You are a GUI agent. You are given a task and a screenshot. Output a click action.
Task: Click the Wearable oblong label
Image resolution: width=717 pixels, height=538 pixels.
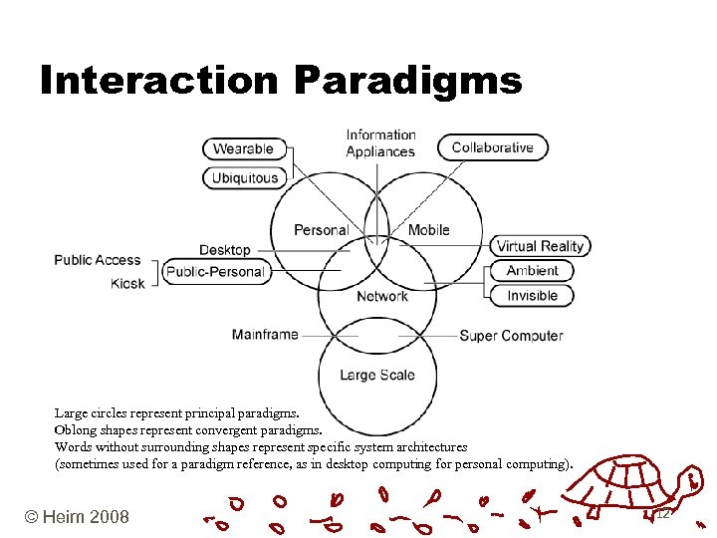[x=244, y=148]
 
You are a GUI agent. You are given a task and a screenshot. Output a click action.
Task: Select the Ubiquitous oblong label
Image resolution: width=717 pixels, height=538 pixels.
[x=244, y=178]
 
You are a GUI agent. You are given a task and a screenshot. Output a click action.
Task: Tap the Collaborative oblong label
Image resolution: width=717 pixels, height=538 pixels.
[x=493, y=147]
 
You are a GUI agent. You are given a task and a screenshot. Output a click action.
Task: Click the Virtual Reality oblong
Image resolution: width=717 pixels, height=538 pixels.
[x=541, y=246]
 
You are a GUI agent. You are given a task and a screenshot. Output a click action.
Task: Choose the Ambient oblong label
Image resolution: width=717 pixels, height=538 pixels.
[x=532, y=271]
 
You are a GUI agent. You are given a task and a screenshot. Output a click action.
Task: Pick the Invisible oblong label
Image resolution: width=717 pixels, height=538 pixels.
[x=532, y=295]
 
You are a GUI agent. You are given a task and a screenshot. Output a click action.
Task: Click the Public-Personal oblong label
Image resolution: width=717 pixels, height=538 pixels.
[x=216, y=272]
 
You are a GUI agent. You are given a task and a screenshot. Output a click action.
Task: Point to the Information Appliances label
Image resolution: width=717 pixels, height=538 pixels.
[x=380, y=143]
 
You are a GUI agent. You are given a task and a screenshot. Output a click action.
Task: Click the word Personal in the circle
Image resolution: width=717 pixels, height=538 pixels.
[x=321, y=230]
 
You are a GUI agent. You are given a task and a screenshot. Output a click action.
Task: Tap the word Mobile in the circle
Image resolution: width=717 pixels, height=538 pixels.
[x=429, y=230]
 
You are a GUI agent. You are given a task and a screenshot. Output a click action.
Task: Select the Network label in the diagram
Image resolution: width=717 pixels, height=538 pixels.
[x=382, y=296]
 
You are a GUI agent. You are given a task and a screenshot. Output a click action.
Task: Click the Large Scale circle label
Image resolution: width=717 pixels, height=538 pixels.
[x=377, y=376]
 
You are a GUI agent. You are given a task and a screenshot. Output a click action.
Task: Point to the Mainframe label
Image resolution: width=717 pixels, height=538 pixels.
[x=265, y=335]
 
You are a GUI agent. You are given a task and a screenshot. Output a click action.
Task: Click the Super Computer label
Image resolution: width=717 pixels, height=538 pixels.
[x=511, y=336]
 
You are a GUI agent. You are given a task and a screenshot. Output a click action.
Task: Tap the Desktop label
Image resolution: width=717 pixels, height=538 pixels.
[x=225, y=250]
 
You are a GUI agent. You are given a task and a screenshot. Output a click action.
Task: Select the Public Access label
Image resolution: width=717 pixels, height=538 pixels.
[x=98, y=260]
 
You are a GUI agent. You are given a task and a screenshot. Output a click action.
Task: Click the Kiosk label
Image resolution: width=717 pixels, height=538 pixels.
[x=127, y=283]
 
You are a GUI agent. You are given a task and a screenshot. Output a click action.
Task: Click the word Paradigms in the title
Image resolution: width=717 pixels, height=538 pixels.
[x=408, y=81]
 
